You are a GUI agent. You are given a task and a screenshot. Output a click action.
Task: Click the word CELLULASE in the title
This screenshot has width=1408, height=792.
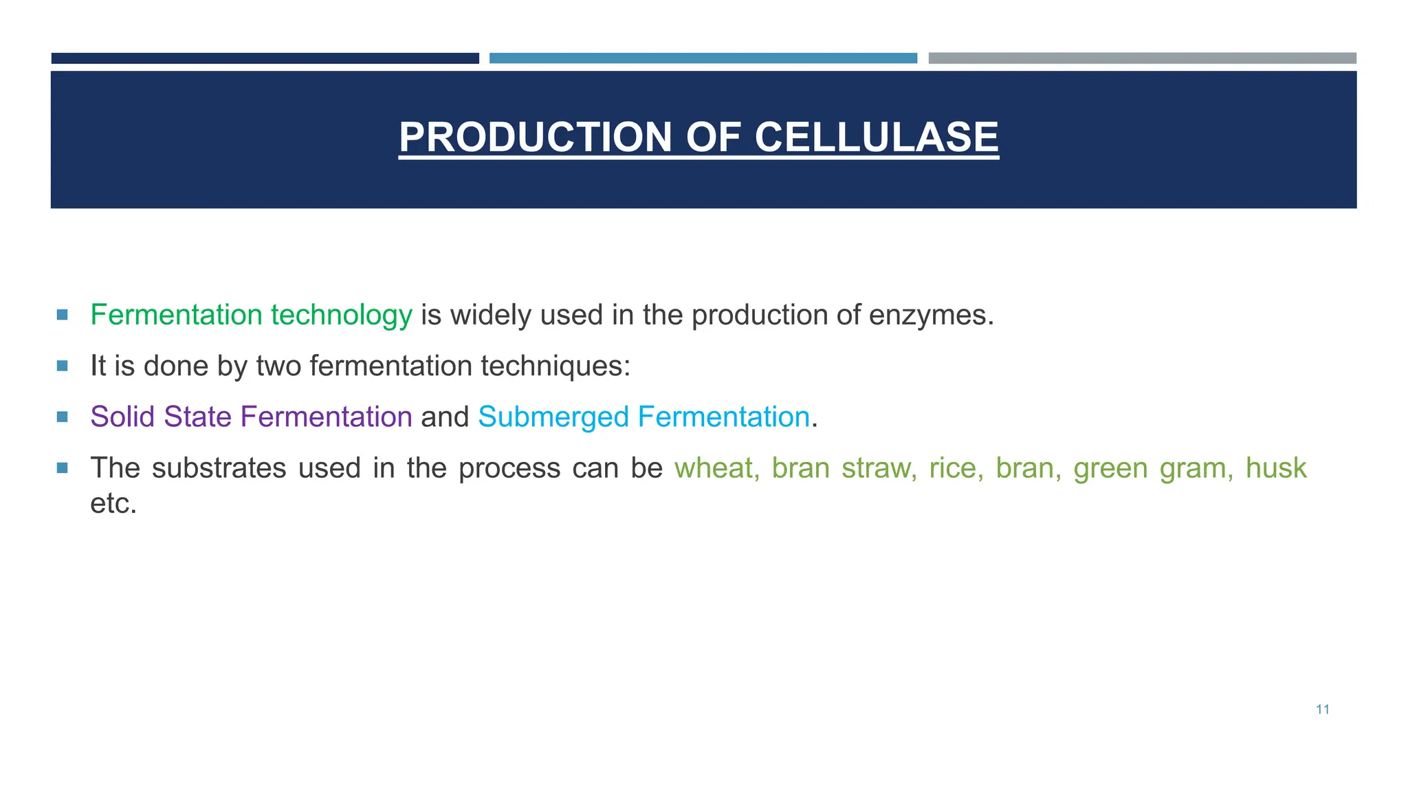[877, 137]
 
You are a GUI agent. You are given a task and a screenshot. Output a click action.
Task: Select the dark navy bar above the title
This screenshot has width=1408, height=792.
[265, 58]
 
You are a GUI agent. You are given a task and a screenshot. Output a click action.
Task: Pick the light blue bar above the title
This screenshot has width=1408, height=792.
[703, 58]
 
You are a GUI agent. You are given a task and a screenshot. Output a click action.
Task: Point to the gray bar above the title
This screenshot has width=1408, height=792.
[1142, 58]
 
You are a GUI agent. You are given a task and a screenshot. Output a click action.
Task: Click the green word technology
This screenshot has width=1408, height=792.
[341, 316]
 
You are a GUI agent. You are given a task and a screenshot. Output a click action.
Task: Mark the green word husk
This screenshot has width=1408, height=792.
[1275, 468]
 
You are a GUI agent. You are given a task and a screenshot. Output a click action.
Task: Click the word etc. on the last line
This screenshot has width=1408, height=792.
[113, 504]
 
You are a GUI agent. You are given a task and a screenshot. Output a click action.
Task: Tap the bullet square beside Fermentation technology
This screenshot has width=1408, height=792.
[63, 315]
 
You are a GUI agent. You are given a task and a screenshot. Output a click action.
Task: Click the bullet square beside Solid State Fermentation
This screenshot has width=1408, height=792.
[63, 417]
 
